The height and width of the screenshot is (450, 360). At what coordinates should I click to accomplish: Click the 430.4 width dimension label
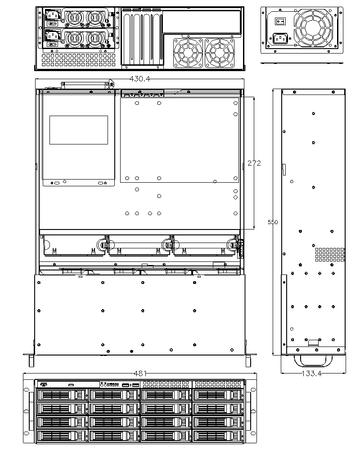pyautogui.click(x=140, y=79)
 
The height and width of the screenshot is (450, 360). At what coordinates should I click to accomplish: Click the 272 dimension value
pyautogui.click(x=254, y=163)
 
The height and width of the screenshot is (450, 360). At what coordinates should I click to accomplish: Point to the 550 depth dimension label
pyautogui.click(x=273, y=222)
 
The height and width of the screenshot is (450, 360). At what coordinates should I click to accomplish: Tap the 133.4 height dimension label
pyautogui.click(x=312, y=373)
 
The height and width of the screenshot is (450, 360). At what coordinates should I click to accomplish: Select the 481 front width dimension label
pyautogui.click(x=140, y=373)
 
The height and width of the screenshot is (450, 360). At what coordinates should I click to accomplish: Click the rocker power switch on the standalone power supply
pyautogui.click(x=280, y=21)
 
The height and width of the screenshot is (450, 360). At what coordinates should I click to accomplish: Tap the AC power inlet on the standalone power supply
pyautogui.click(x=280, y=38)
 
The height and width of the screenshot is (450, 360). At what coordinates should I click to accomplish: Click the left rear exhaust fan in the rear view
pyautogui.click(x=188, y=53)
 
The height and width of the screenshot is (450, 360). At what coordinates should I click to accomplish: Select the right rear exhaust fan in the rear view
pyautogui.click(x=220, y=53)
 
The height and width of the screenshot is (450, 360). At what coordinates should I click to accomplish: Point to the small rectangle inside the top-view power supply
pyautogui.click(x=79, y=130)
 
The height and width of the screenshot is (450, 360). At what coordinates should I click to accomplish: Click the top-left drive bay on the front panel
pyautogui.click(x=62, y=395)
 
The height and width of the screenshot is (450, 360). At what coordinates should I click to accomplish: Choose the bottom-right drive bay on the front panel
pyautogui.click(x=218, y=436)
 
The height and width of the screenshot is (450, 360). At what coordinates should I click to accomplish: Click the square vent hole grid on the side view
pyautogui.click(x=330, y=255)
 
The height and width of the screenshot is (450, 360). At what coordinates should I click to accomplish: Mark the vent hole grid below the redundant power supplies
pyautogui.click(x=79, y=60)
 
